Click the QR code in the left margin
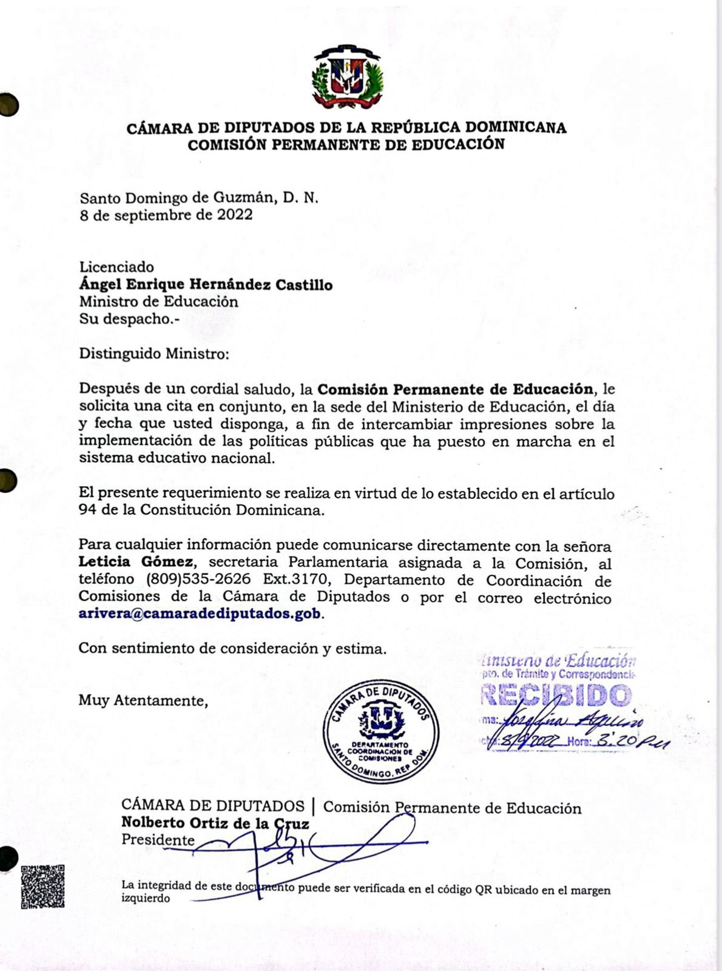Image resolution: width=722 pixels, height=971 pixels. [42, 886]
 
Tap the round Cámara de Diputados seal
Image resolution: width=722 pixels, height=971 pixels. [381, 731]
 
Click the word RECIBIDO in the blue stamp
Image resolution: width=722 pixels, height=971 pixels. [556, 695]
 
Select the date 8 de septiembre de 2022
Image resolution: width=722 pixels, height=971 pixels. [166, 215]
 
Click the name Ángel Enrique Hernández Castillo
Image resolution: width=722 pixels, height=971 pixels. [206, 285]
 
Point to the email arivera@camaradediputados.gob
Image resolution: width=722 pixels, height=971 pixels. [200, 614]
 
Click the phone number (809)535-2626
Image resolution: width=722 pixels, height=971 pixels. [198, 580]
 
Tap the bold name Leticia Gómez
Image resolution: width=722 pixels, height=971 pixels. [137, 562]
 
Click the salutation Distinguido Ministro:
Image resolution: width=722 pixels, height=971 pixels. [154, 354]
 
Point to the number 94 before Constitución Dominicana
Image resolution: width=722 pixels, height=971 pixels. [87, 510]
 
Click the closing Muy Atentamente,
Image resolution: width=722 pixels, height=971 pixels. [143, 700]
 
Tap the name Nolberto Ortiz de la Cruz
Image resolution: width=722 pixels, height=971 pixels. [215, 823]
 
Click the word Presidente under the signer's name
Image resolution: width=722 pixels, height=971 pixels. [158, 840]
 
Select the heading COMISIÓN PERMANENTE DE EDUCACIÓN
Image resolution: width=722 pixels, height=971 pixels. [346, 144]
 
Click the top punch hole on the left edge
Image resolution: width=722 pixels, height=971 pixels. [7, 105]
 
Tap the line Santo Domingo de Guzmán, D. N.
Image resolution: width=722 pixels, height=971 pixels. [199, 198]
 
